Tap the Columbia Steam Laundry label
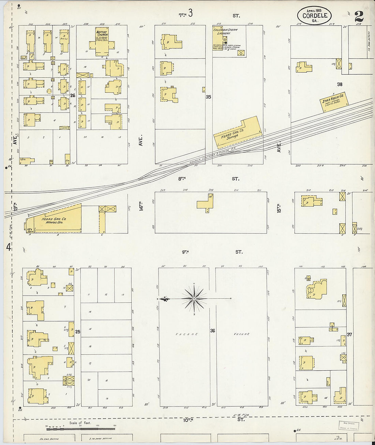225,31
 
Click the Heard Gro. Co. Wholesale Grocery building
56,220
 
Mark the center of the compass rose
194,299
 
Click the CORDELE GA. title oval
314,15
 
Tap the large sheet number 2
359,16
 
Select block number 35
208,97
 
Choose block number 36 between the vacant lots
212,330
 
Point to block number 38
340,84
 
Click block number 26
72,95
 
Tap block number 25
78,331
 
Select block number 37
349,335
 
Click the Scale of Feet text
80,423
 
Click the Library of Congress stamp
348,426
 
